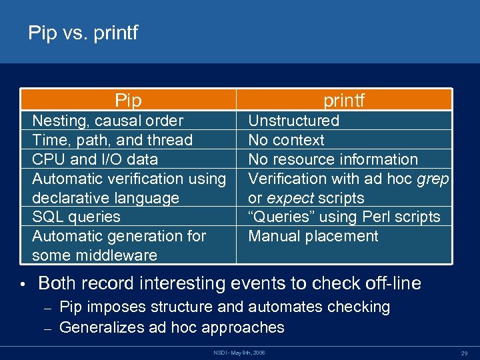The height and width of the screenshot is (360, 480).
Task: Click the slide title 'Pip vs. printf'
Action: tap(83, 33)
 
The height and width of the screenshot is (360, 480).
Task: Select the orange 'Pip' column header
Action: tap(128, 101)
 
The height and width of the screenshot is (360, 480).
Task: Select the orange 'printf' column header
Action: tap(344, 101)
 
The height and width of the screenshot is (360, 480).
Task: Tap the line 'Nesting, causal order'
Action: tap(107, 121)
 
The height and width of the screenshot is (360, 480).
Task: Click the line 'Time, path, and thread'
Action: tap(112, 140)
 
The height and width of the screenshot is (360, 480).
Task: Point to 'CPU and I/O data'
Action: tap(95, 159)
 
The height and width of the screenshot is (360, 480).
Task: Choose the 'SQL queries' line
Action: tap(76, 217)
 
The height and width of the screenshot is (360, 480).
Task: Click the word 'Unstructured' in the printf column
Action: tap(293, 121)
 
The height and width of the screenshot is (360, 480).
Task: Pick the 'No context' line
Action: tap(286, 140)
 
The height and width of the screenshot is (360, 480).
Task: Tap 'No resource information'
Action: tap(333, 159)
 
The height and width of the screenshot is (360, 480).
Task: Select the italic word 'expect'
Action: tap(291, 198)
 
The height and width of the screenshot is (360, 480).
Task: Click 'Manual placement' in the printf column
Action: tap(313, 236)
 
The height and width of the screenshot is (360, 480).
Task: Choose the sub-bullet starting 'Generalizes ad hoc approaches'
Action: tap(171, 327)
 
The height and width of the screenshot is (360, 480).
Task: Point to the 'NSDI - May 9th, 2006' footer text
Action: tap(239, 351)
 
